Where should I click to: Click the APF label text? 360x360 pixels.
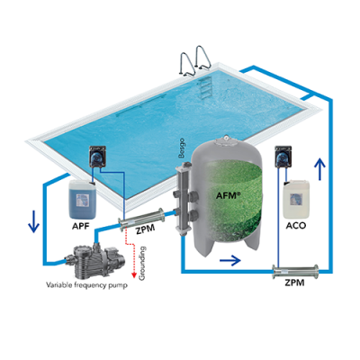(x=81, y=226)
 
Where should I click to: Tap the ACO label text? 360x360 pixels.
(x=296, y=225)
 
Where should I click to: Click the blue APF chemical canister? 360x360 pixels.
(x=83, y=199)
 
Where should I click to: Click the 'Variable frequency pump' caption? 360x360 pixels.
(x=86, y=284)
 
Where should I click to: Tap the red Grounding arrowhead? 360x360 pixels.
(x=134, y=274)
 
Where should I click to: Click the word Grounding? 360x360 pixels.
(x=142, y=263)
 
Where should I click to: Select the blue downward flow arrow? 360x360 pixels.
(x=34, y=221)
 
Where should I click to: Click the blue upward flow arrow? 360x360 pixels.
(x=320, y=169)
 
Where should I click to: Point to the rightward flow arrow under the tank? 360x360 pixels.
(x=230, y=260)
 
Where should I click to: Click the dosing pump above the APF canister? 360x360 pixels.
(x=98, y=157)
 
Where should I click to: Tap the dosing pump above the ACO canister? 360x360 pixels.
(x=283, y=157)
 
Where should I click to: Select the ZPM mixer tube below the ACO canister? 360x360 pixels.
(x=295, y=271)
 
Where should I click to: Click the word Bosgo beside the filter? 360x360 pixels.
(x=181, y=148)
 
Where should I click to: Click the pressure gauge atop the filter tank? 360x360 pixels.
(x=226, y=139)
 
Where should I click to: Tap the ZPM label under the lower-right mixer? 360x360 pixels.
(x=294, y=283)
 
